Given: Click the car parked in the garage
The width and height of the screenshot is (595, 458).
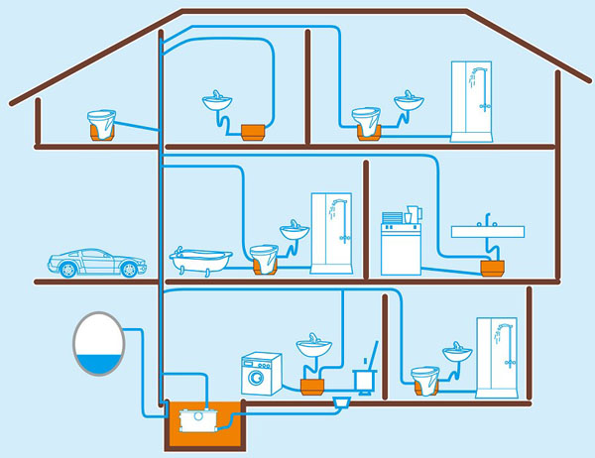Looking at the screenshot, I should (x=96, y=263).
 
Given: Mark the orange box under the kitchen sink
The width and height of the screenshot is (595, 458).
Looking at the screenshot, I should (x=491, y=267).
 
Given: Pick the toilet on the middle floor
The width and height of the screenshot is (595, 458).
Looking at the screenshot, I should (x=262, y=258).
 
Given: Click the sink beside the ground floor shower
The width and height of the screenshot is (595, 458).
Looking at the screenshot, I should (x=458, y=353).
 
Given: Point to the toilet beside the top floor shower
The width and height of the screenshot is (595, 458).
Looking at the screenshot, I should (x=368, y=122).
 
